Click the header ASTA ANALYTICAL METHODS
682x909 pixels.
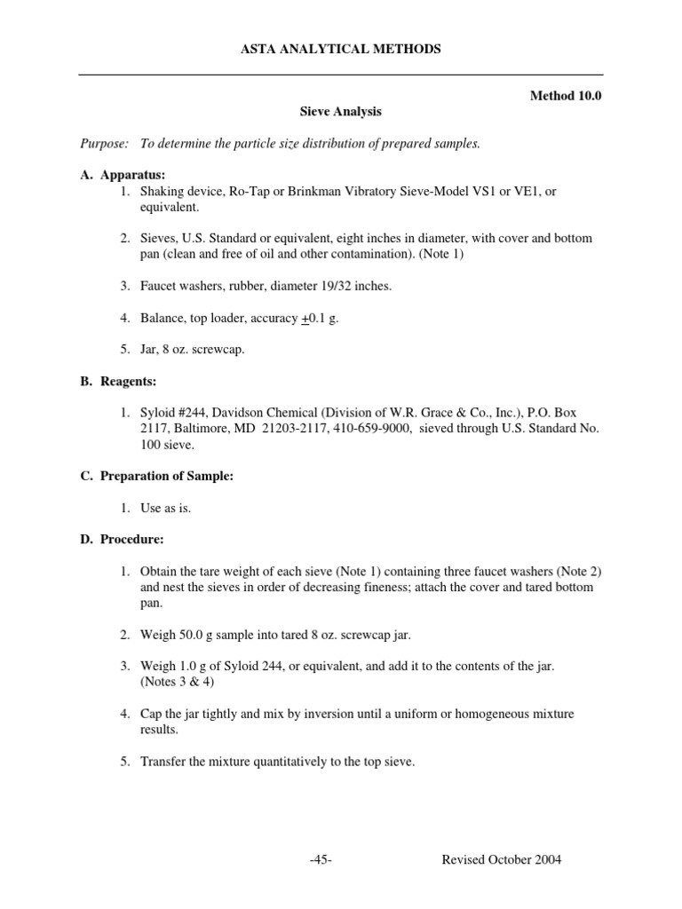[341, 50]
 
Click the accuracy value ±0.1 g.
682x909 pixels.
[320, 318]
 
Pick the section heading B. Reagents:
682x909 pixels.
[118, 381]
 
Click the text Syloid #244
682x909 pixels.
[176, 413]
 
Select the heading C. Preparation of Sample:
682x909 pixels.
[156, 476]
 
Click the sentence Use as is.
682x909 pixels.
[165, 508]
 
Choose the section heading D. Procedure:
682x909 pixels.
[122, 539]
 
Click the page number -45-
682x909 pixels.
[321, 859]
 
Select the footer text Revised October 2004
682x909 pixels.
[501, 859]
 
